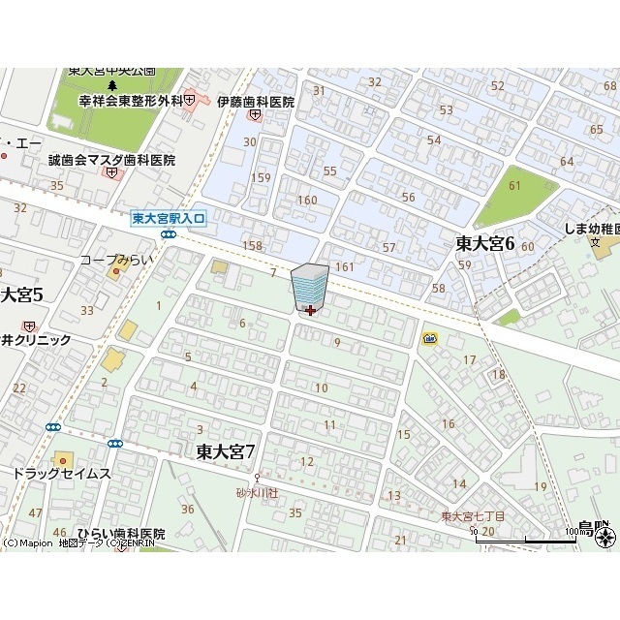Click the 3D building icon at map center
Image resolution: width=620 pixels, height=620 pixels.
coord(309,287)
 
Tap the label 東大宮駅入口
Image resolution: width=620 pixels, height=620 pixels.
coord(170,220)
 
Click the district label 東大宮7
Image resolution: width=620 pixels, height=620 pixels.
coord(225,451)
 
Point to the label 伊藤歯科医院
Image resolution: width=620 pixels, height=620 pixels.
coord(256,101)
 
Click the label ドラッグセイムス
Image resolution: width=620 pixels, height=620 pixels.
coord(62,474)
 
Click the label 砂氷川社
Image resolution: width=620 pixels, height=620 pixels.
coord(257,493)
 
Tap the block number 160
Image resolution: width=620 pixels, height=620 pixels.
coord(307,201)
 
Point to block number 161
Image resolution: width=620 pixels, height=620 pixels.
coord(344,266)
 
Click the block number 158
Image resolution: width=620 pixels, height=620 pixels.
coord(253,246)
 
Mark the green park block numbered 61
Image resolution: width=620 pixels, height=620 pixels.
coord(513,186)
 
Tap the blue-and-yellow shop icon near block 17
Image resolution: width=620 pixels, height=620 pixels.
coord(429,338)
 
